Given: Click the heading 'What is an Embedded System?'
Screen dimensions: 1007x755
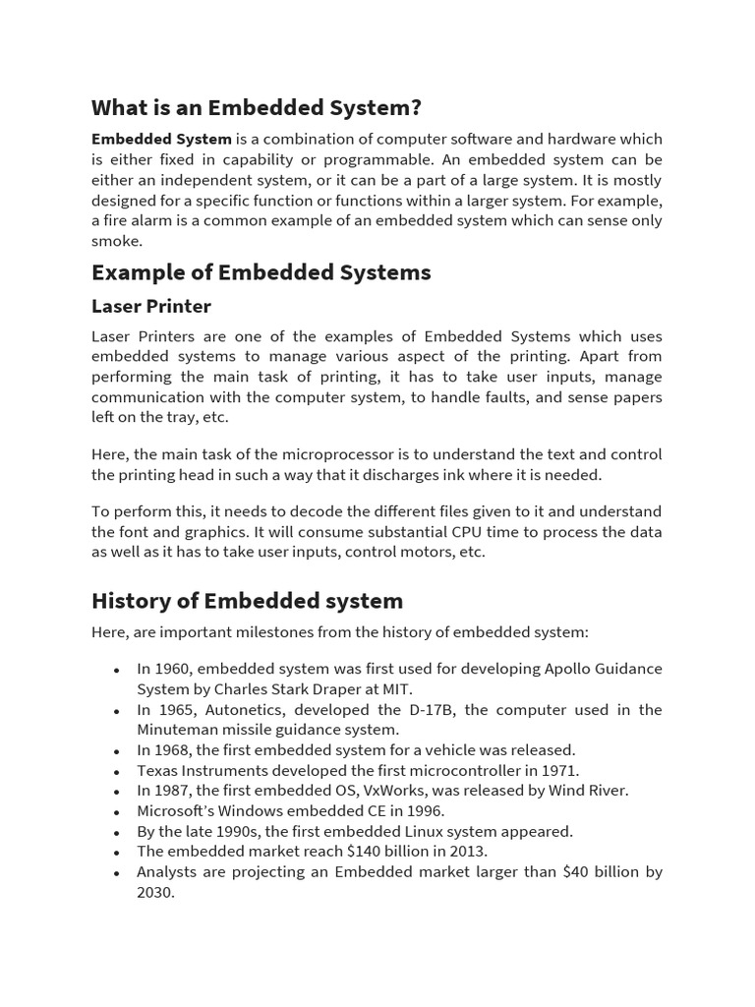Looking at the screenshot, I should coord(256,107).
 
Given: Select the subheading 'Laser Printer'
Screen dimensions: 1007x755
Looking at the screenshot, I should coord(150,306).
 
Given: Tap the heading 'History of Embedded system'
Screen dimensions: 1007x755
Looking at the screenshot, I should coord(247,600).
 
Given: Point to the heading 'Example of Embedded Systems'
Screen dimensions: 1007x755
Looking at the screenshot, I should coord(261,272).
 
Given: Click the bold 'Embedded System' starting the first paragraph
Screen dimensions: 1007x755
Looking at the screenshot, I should coord(161,140).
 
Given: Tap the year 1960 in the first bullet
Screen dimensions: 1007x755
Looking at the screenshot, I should coord(173,669).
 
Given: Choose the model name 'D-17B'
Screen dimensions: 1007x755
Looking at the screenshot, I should coord(431,710).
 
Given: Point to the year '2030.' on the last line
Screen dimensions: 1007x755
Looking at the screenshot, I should coord(155,893).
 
